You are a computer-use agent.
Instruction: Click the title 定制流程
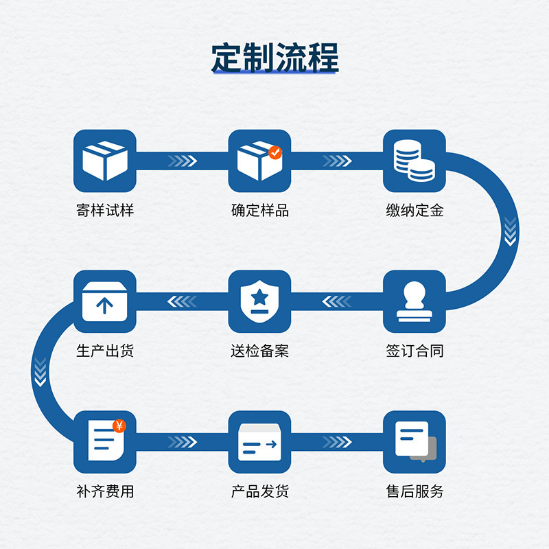coord(274,58)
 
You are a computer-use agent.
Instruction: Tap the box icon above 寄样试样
coord(105,160)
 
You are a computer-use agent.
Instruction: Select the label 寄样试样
coord(105,210)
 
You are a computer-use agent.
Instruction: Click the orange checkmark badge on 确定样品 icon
coord(275,152)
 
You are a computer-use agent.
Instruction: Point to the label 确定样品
coord(260,210)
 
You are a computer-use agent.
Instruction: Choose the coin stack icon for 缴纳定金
coord(414,160)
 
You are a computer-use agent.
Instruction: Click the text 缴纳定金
coord(414,210)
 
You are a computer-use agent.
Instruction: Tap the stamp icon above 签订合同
coord(414,301)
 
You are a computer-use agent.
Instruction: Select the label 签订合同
coord(414,351)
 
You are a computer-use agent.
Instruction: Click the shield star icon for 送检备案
coord(260,301)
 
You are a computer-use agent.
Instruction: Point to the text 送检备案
coord(260,351)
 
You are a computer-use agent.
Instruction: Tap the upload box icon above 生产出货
coord(105,301)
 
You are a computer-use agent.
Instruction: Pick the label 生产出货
coord(105,351)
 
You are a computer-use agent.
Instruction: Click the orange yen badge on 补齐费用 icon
coord(119,426)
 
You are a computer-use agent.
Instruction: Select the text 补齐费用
coord(105,491)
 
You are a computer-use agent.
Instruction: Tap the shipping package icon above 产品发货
coord(260,441)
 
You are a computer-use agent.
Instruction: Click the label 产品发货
coord(260,491)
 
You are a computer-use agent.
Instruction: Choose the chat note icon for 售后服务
coord(414,441)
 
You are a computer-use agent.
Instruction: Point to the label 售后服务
coord(414,491)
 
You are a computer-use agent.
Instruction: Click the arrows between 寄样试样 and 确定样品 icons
coord(183,161)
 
